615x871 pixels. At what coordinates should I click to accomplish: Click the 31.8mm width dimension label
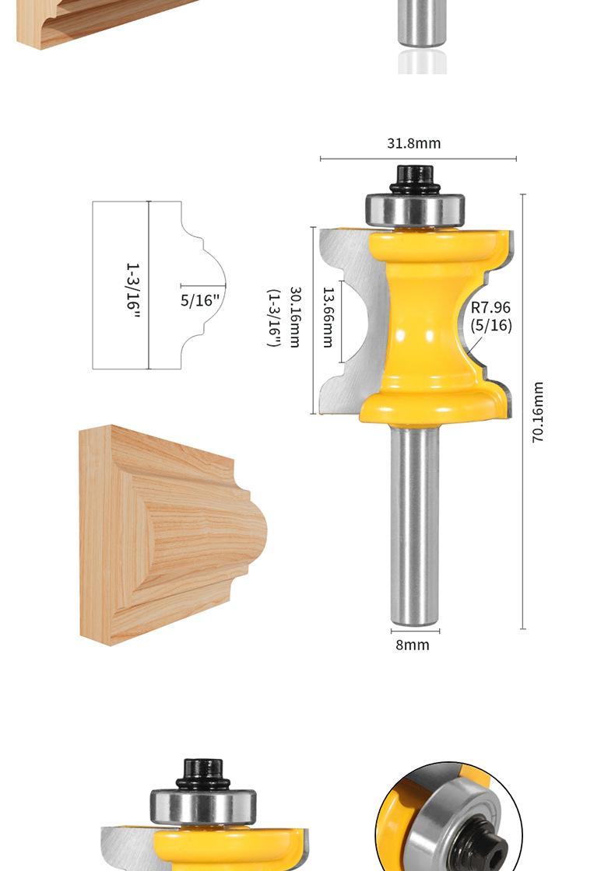pos(413,143)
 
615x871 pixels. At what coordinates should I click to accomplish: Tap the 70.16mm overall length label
pos(538,411)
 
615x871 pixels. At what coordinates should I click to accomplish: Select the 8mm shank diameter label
pos(413,645)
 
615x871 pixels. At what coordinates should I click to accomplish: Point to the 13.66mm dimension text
pos(328,317)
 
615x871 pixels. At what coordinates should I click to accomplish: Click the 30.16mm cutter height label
pos(295,317)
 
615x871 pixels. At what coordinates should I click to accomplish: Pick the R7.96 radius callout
pos(490,307)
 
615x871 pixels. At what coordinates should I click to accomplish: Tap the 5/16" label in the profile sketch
pos(200,300)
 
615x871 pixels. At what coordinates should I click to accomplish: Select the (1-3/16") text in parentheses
pos(273,318)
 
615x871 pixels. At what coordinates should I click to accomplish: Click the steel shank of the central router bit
pos(414,525)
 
